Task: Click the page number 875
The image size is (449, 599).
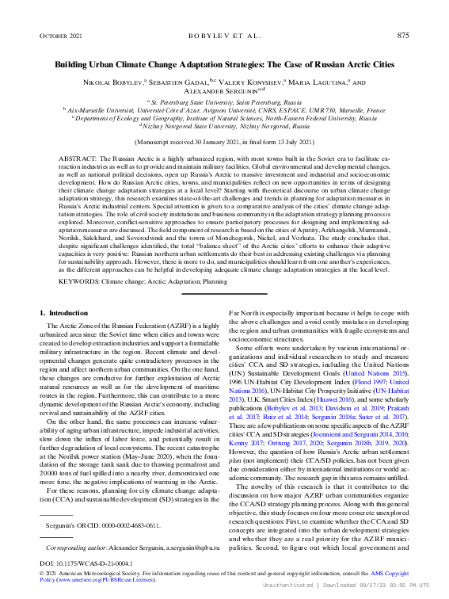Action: coord(402,36)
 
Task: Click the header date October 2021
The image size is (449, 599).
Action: coord(60,36)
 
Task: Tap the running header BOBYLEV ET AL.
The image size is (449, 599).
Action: coord(224,36)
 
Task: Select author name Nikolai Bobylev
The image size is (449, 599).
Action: coord(112,82)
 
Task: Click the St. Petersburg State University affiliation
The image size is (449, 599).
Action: coord(224,103)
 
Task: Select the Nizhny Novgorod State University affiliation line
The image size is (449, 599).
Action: coord(224,125)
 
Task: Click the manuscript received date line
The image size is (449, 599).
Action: coord(224,141)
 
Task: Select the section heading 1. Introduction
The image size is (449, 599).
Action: coord(64,314)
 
